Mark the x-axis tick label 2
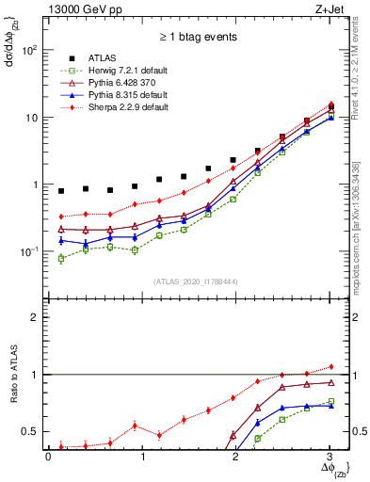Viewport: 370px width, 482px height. pyautogui.click(x=235, y=456)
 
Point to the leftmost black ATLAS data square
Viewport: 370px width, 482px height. pyautogui.click(x=61, y=191)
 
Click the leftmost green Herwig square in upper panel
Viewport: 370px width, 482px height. pyautogui.click(x=61, y=258)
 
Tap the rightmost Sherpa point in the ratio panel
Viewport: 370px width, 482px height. pyautogui.click(x=330, y=366)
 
